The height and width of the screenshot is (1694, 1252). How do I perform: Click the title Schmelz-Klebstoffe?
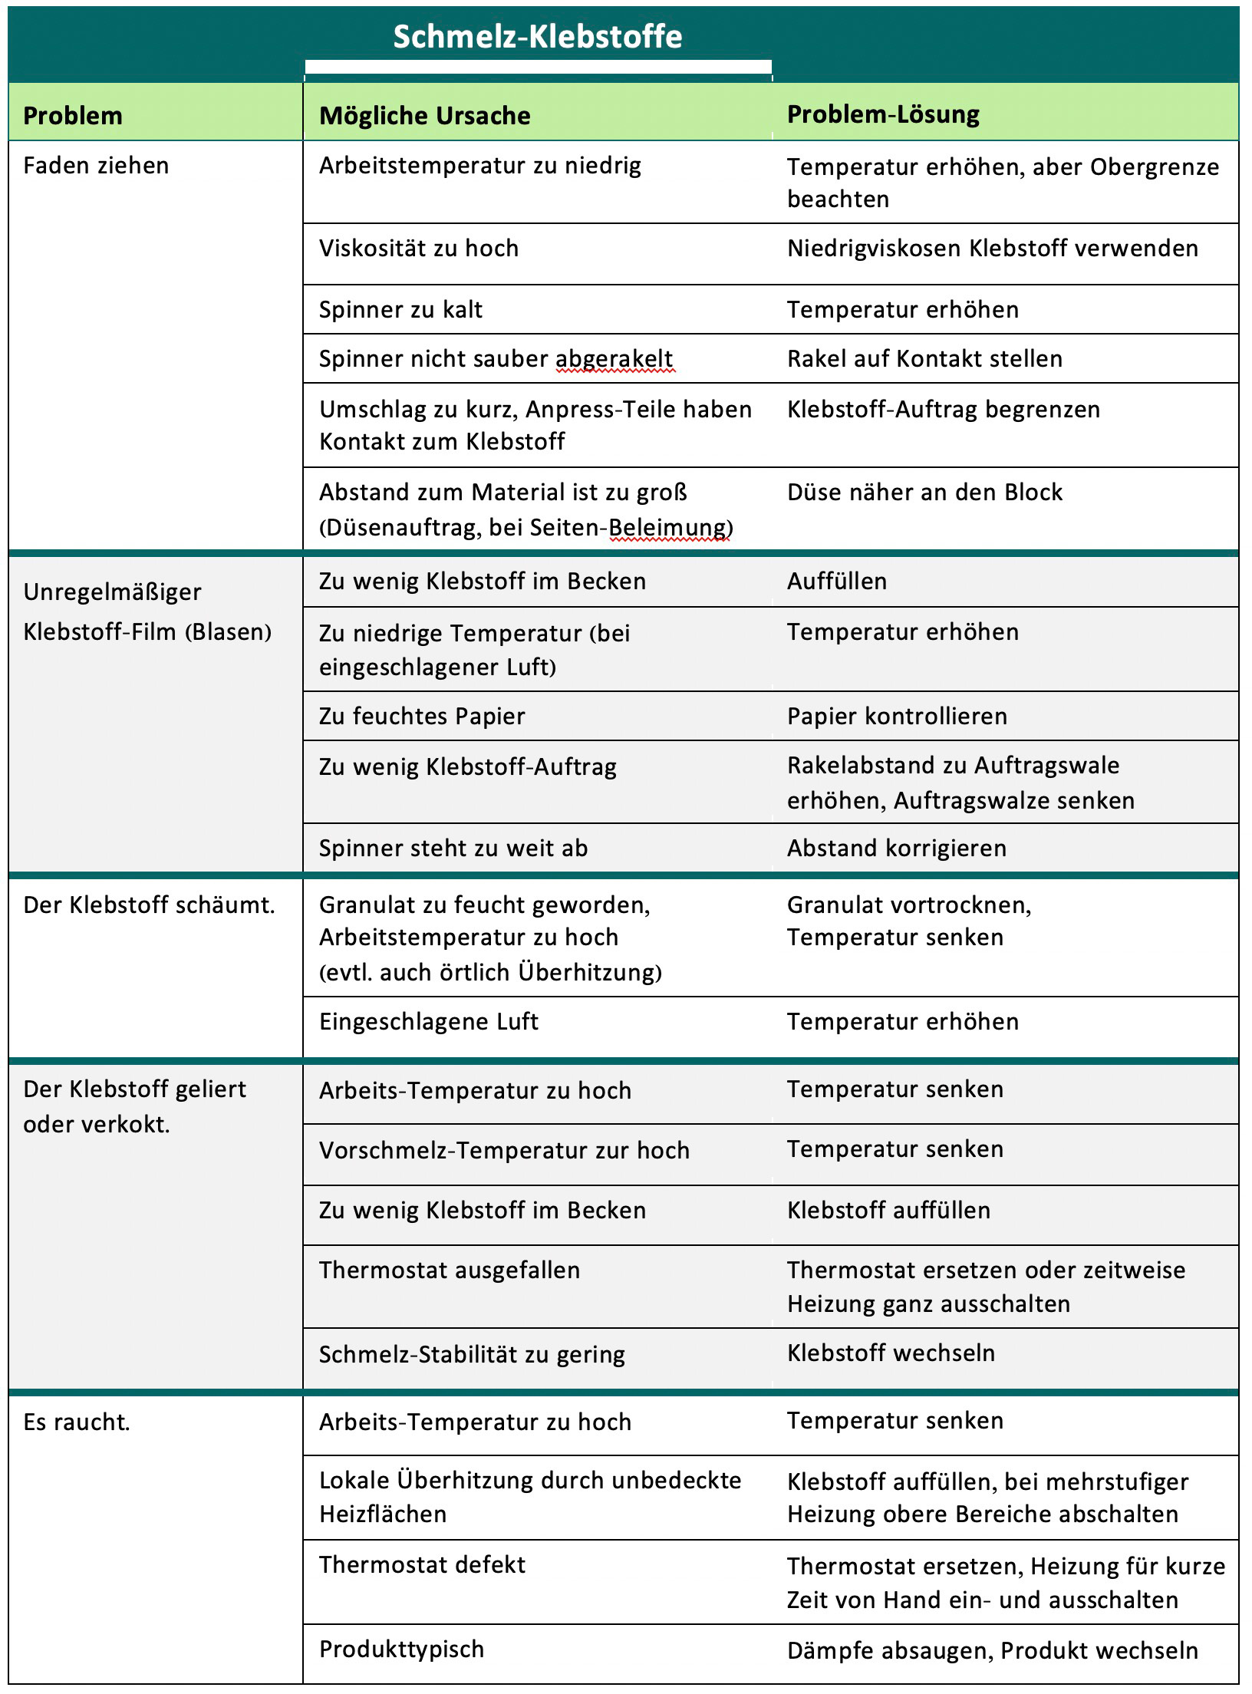pyautogui.click(x=537, y=37)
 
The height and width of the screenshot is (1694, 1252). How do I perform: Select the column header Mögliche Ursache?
pyautogui.click(x=424, y=116)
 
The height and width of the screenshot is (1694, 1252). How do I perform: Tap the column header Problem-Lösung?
pyautogui.click(x=883, y=114)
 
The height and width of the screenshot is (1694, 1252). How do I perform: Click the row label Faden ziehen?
pyautogui.click(x=96, y=166)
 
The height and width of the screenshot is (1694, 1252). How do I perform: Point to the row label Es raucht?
pyautogui.click(x=77, y=1422)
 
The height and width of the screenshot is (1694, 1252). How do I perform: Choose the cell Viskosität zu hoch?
pyautogui.click(x=419, y=249)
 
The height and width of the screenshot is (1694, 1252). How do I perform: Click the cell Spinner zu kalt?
pyautogui.click(x=400, y=310)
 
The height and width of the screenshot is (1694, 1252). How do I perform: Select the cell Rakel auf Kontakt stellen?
pyautogui.click(x=924, y=359)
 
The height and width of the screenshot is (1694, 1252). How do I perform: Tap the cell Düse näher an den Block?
pyautogui.click(x=924, y=493)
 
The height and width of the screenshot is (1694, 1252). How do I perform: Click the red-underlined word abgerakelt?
pyautogui.click(x=614, y=359)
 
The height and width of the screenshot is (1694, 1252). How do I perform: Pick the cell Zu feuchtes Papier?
pyautogui.click(x=422, y=717)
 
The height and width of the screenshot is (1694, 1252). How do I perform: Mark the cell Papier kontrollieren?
pyautogui.click(x=897, y=717)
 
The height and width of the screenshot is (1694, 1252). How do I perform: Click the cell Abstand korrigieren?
pyautogui.click(x=897, y=849)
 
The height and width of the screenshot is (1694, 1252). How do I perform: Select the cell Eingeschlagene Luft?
pyautogui.click(x=429, y=1022)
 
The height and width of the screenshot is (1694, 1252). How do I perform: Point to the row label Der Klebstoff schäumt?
pyautogui.click(x=149, y=905)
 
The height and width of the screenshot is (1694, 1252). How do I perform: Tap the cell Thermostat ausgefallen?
pyautogui.click(x=450, y=1270)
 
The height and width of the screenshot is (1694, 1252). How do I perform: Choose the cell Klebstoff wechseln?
pyautogui.click(x=891, y=1353)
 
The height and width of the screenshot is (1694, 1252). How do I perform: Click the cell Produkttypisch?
pyautogui.click(x=401, y=1649)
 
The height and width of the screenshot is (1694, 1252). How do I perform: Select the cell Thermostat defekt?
pyautogui.click(x=422, y=1564)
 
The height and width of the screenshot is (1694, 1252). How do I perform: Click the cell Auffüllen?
pyautogui.click(x=837, y=582)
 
